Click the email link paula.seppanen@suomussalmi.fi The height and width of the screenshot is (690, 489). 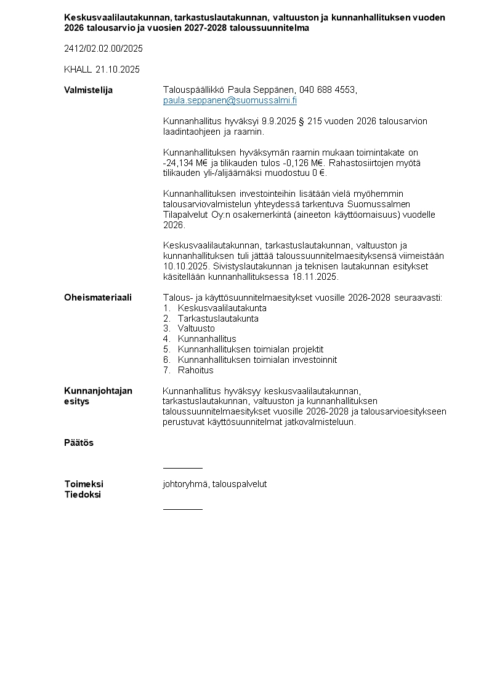click(x=230, y=100)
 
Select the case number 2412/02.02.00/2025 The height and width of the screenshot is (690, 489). click(x=103, y=49)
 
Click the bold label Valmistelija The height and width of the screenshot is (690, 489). click(x=88, y=90)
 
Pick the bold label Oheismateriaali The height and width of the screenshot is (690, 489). click(x=98, y=298)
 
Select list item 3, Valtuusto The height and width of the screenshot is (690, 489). click(x=196, y=329)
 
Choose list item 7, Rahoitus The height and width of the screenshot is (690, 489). click(x=195, y=370)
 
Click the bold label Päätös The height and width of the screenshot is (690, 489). click(x=79, y=443)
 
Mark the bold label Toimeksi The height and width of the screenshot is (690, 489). click(x=84, y=484)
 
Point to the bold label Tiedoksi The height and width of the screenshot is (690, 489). click(x=83, y=494)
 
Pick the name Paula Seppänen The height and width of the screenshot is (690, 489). click(x=264, y=90)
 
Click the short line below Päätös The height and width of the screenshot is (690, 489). click(x=182, y=468)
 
